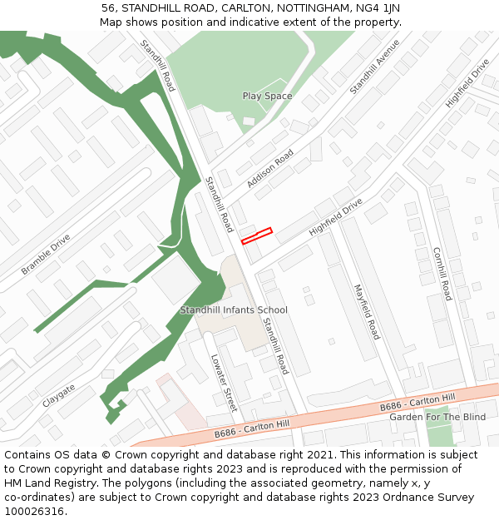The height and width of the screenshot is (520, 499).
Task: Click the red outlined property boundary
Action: tap(257, 236)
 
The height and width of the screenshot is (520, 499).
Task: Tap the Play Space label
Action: tap(267, 96)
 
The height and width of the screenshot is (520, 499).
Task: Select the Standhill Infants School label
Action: tap(234, 310)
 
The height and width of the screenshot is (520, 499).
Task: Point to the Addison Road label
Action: tap(270, 168)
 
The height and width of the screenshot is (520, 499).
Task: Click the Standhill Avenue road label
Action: tap(374, 66)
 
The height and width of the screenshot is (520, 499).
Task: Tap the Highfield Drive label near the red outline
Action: tap(336, 216)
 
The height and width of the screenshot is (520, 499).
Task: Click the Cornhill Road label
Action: tap(442, 273)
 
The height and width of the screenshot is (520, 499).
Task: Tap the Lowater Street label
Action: tap(225, 382)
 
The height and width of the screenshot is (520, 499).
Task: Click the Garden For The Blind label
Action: tap(437, 417)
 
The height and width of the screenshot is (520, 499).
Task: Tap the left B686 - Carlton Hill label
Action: tap(252, 428)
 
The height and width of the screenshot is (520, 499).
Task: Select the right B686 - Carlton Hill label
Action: tap(417, 402)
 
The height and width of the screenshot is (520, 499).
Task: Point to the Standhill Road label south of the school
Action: tap(275, 346)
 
